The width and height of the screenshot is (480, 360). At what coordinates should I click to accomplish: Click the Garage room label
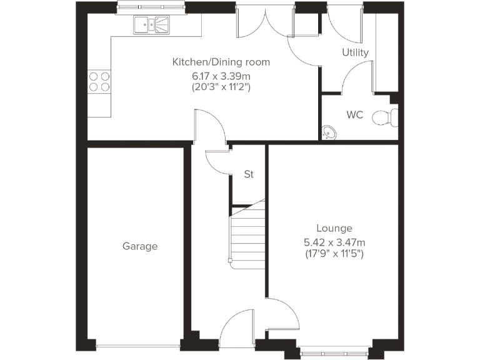(140, 246)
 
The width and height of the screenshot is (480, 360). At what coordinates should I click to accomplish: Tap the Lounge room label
(334, 229)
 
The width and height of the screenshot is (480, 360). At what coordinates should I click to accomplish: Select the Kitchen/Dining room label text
(221, 62)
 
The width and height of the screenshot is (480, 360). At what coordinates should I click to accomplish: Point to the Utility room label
(355, 52)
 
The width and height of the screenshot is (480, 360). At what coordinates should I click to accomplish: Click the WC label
(355, 115)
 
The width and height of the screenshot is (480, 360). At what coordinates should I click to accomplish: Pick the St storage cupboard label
(249, 174)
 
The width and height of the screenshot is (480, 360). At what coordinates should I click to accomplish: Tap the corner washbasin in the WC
(329, 131)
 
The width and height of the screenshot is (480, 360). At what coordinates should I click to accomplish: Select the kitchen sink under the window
(151, 25)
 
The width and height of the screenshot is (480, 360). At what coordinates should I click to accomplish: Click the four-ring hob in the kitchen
(99, 82)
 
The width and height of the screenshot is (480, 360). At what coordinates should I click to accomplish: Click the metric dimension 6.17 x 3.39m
(221, 76)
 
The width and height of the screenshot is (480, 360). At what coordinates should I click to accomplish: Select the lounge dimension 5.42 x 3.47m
(334, 242)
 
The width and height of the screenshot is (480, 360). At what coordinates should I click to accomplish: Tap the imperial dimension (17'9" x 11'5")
(334, 254)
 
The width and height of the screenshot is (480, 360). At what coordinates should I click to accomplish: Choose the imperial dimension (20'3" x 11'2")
(221, 87)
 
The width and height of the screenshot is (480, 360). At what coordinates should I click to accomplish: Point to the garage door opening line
(139, 344)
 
